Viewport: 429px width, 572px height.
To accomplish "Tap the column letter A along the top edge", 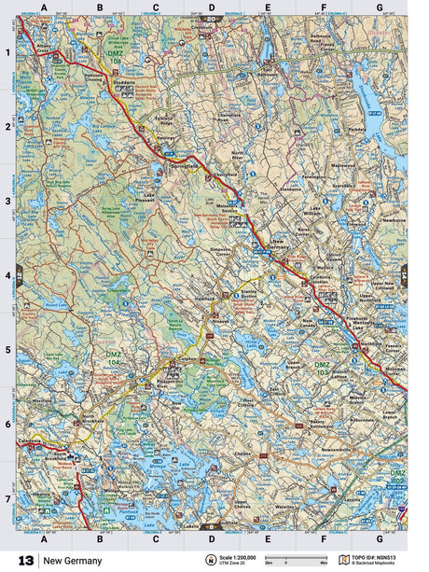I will tap(43, 7).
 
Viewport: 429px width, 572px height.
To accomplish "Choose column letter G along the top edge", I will tap(379, 7).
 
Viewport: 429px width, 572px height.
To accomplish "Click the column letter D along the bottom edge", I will tap(211, 538).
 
